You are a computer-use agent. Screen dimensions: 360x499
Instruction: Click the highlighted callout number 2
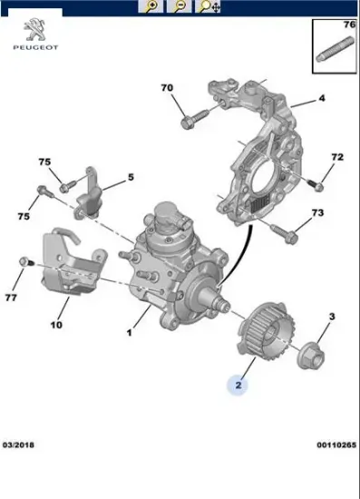(x=238, y=385)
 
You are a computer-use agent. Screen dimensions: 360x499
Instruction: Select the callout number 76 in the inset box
(x=349, y=24)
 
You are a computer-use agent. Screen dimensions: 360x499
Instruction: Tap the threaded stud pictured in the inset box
(x=336, y=49)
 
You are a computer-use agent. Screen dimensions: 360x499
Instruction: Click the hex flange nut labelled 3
(x=311, y=355)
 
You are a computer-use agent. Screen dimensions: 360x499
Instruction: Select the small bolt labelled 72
(x=316, y=185)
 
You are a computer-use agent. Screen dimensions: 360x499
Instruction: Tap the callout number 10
(x=56, y=325)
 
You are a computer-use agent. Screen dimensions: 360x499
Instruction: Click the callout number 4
(x=322, y=98)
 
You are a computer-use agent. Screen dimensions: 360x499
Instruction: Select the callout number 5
(x=131, y=177)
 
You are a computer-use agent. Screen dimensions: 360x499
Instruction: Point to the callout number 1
(x=129, y=333)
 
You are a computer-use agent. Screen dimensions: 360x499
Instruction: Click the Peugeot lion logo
(x=35, y=30)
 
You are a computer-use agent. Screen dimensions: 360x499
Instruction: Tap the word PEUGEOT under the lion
(x=35, y=48)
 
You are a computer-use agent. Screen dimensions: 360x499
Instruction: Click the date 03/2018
(x=18, y=445)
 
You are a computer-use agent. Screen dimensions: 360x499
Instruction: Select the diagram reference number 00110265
(x=336, y=445)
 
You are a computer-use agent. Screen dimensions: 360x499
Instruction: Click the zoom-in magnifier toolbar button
(x=151, y=6)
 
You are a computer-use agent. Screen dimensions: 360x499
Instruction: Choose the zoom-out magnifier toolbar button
(x=180, y=6)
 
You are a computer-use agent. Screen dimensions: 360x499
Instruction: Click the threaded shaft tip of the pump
(x=225, y=306)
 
